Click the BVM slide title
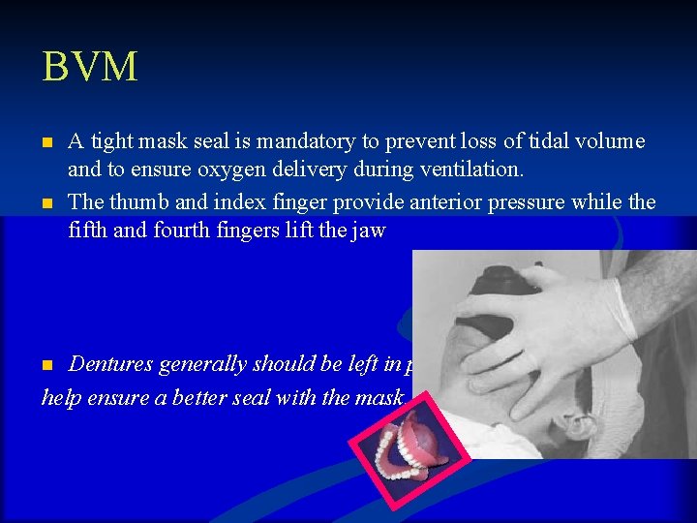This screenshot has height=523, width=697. [90, 68]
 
